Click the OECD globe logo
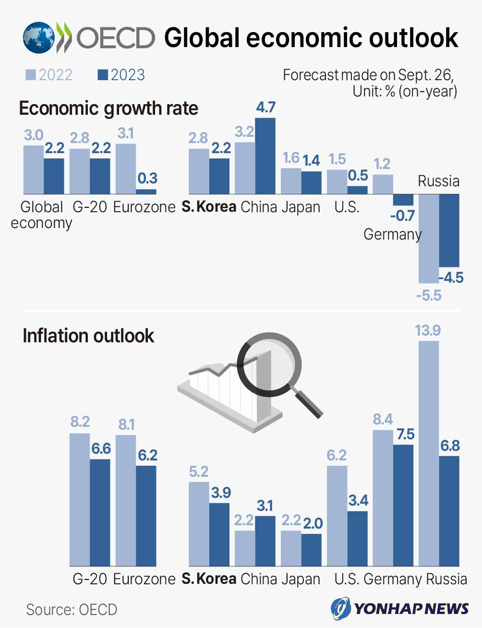tap(38, 37)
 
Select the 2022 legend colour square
tap(31, 75)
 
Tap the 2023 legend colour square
tap(103, 75)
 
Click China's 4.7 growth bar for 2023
tap(265, 156)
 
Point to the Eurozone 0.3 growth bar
tap(146, 191)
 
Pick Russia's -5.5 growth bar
tap(429, 238)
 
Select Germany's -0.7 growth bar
tap(403, 199)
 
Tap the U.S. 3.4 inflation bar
tap(357, 538)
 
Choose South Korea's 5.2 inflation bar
tap(199, 524)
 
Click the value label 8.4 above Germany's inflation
tap(383, 420)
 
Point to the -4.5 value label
tap(451, 278)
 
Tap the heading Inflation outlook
tap(88, 336)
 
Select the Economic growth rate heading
tap(108, 109)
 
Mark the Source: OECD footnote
tap(72, 609)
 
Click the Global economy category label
tap(42, 215)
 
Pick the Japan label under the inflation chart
tap(301, 579)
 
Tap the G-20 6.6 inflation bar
tap(100, 512)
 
